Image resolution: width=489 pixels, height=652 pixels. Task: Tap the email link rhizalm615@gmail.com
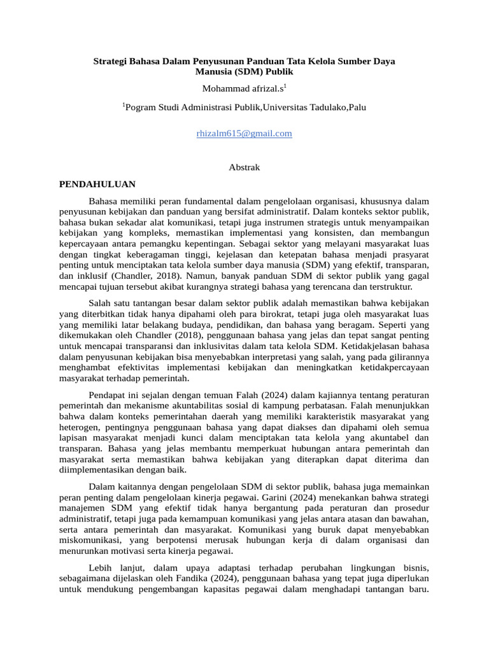[x=244, y=133]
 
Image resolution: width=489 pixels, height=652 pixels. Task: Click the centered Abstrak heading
[x=244, y=167]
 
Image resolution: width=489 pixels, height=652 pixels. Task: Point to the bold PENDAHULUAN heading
[x=97, y=184]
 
